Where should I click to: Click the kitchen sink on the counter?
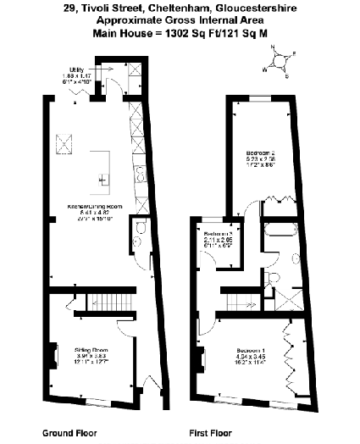(x=136, y=173)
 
